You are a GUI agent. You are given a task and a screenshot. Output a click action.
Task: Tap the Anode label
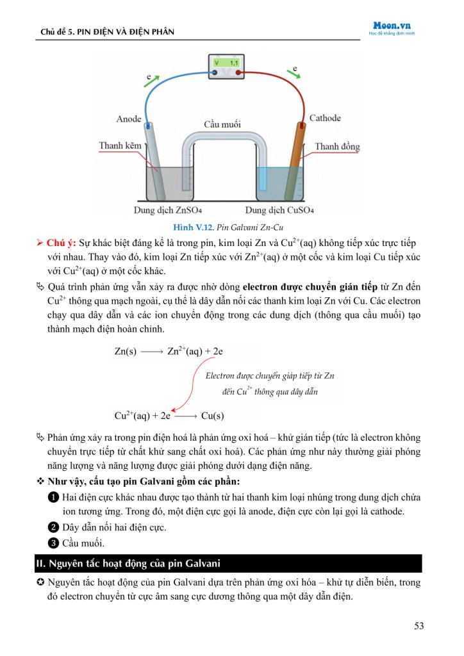129,119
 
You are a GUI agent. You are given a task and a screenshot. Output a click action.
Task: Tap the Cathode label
325,118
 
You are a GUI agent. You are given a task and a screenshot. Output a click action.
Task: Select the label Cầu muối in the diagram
222,124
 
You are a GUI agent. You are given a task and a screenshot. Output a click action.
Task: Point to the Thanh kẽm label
120,146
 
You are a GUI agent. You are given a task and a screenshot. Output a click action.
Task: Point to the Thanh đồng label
337,147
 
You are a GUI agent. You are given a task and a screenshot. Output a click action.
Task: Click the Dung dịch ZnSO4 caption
168,209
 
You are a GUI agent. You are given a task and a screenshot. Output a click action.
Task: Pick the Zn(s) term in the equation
126,352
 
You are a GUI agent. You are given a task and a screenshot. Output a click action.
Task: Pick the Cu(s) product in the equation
212,415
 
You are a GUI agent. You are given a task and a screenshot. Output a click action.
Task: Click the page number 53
418,626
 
